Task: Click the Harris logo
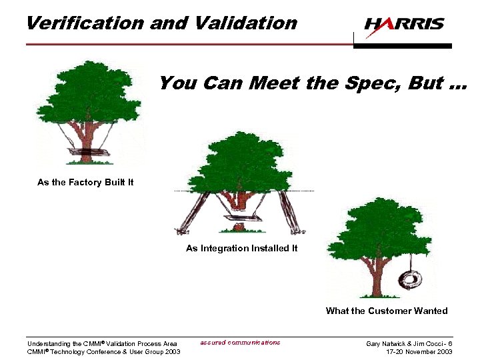(x=404, y=25)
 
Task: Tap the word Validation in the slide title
(x=246, y=23)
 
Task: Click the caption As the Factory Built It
(x=85, y=182)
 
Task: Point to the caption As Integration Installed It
(x=241, y=248)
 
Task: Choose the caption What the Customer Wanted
(x=386, y=311)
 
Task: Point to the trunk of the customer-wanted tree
(x=374, y=273)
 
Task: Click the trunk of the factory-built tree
(x=85, y=137)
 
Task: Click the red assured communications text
(x=240, y=343)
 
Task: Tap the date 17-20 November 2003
(x=419, y=351)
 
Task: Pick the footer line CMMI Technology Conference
(x=103, y=351)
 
